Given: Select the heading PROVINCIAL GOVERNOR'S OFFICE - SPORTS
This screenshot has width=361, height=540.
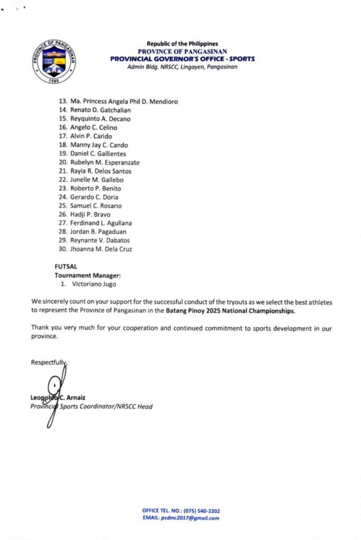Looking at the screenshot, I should pos(182,59).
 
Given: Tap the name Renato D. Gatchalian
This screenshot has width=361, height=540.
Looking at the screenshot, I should pos(100,110).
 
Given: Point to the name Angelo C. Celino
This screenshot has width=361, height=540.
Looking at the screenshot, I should pos(94,128).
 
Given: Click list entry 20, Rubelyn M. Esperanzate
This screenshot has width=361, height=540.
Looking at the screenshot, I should pos(104,162).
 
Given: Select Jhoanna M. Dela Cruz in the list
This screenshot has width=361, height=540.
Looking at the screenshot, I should pos(101,249).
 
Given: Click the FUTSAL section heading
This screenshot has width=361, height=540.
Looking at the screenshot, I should pos(65,267).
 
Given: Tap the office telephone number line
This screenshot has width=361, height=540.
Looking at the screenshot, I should pos(181,510).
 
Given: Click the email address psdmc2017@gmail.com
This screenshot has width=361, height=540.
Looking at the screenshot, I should pos(189,518).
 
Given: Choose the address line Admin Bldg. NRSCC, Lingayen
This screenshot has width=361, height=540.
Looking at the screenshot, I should pos(182,67).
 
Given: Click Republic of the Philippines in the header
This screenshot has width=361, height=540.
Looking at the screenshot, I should pos(182,44).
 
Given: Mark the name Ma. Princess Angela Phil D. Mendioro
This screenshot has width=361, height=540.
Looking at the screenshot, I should pos(123,102).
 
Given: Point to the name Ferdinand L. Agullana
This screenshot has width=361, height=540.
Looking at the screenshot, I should pos(101,223).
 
